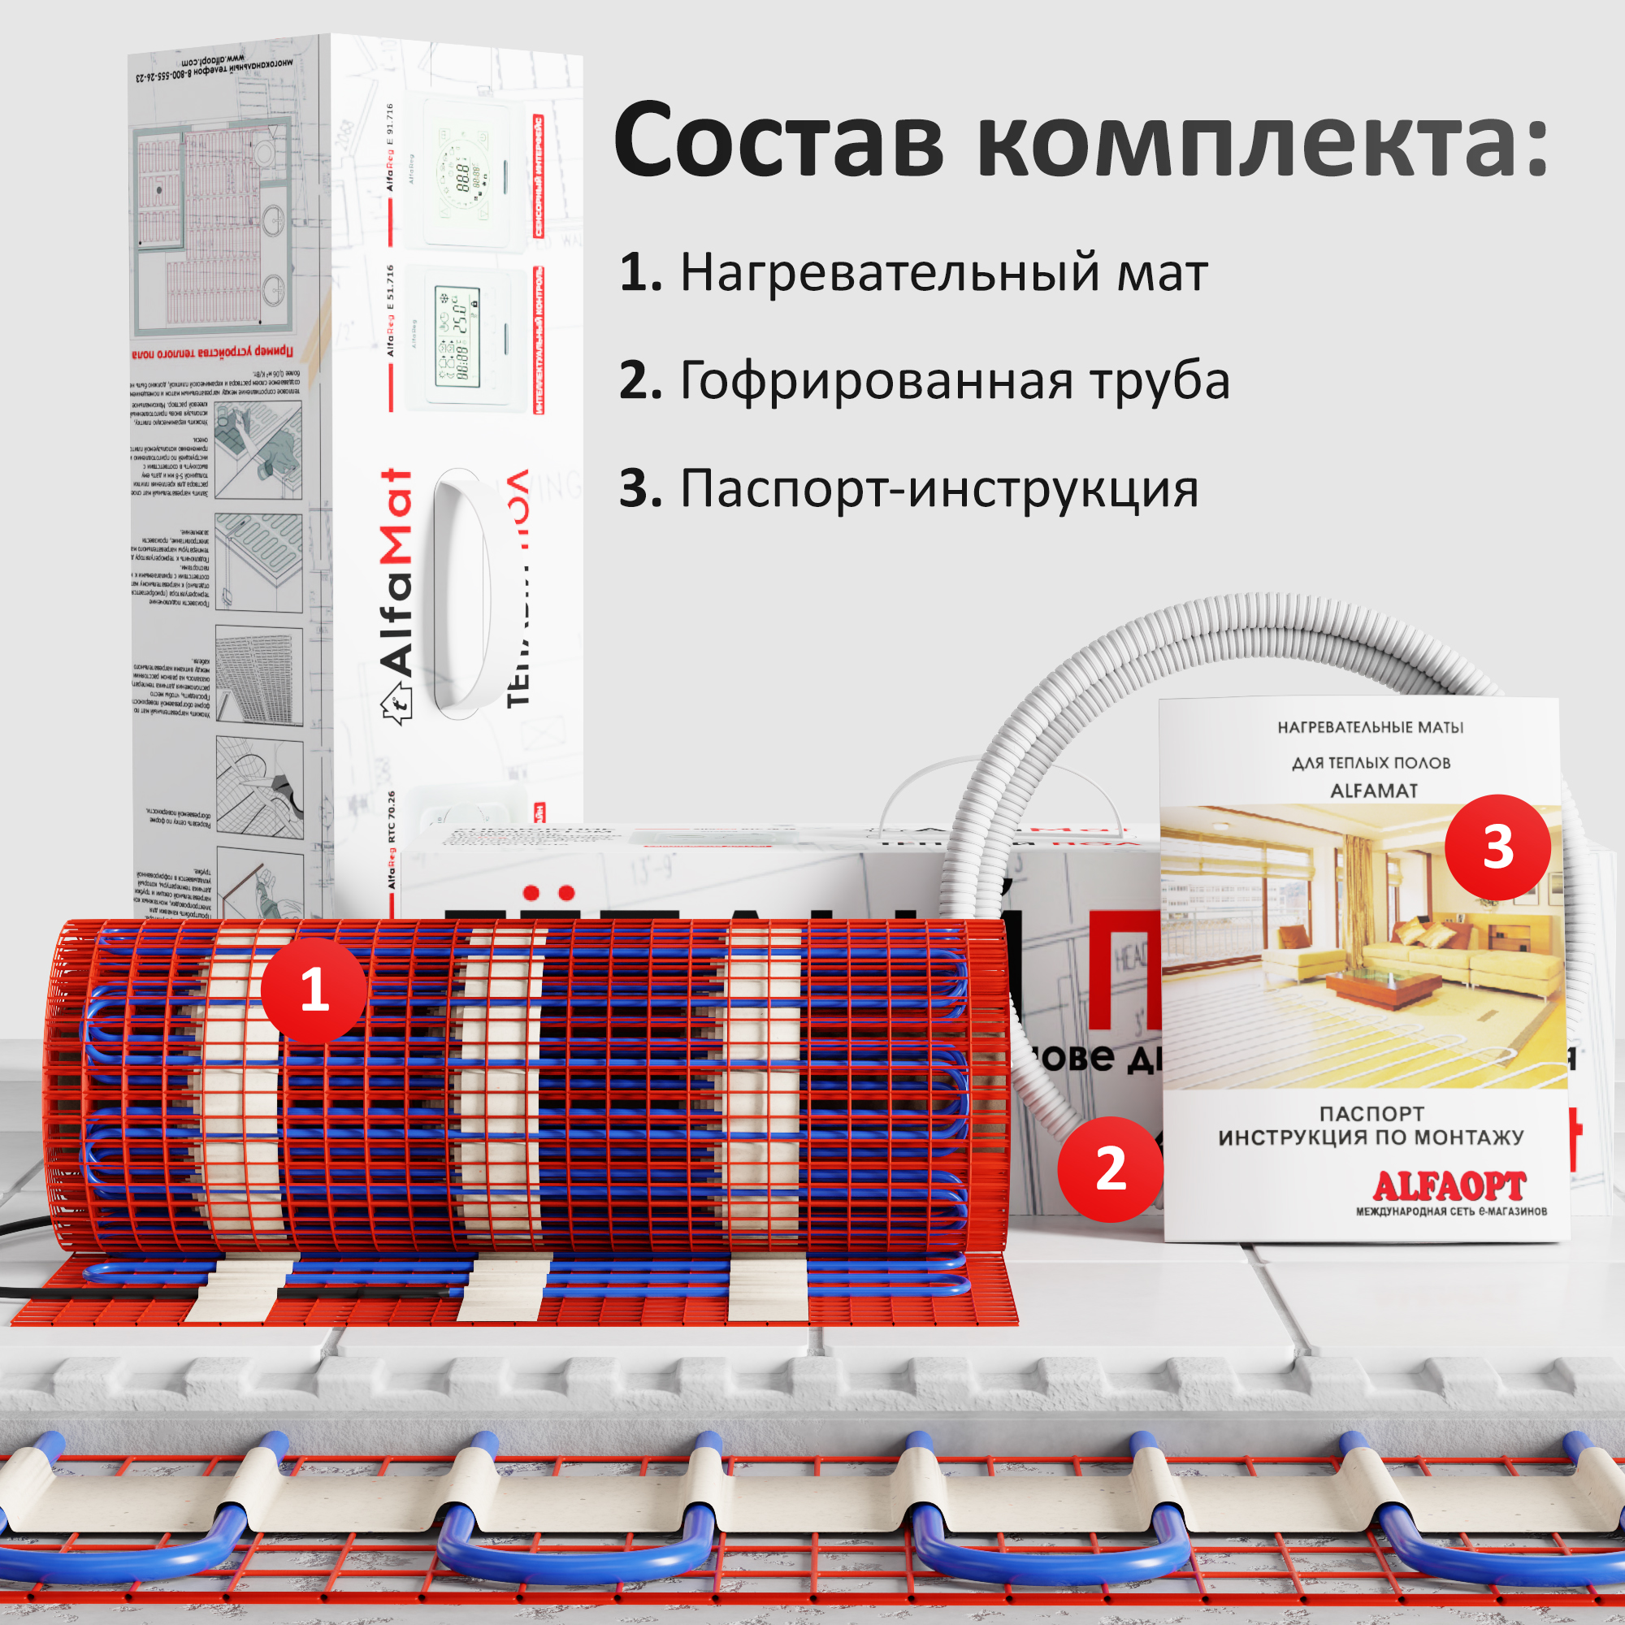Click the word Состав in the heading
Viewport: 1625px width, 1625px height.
[779, 141]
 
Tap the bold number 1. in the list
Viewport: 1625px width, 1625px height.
[641, 273]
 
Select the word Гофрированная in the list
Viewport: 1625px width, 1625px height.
[876, 381]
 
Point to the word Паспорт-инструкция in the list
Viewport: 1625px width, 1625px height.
[938, 488]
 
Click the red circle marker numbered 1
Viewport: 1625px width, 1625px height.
[314, 990]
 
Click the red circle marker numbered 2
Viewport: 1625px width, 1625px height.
[1110, 1169]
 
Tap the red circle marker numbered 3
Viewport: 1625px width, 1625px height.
[1497, 847]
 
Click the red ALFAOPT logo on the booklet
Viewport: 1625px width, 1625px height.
[1449, 1187]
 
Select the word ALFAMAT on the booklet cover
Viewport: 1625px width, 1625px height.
[1373, 791]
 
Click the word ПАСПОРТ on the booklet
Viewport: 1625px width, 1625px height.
[1371, 1114]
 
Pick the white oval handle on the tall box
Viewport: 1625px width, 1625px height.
[461, 593]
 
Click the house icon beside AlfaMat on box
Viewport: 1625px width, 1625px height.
[398, 700]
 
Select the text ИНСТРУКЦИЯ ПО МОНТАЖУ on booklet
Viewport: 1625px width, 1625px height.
[1371, 1138]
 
